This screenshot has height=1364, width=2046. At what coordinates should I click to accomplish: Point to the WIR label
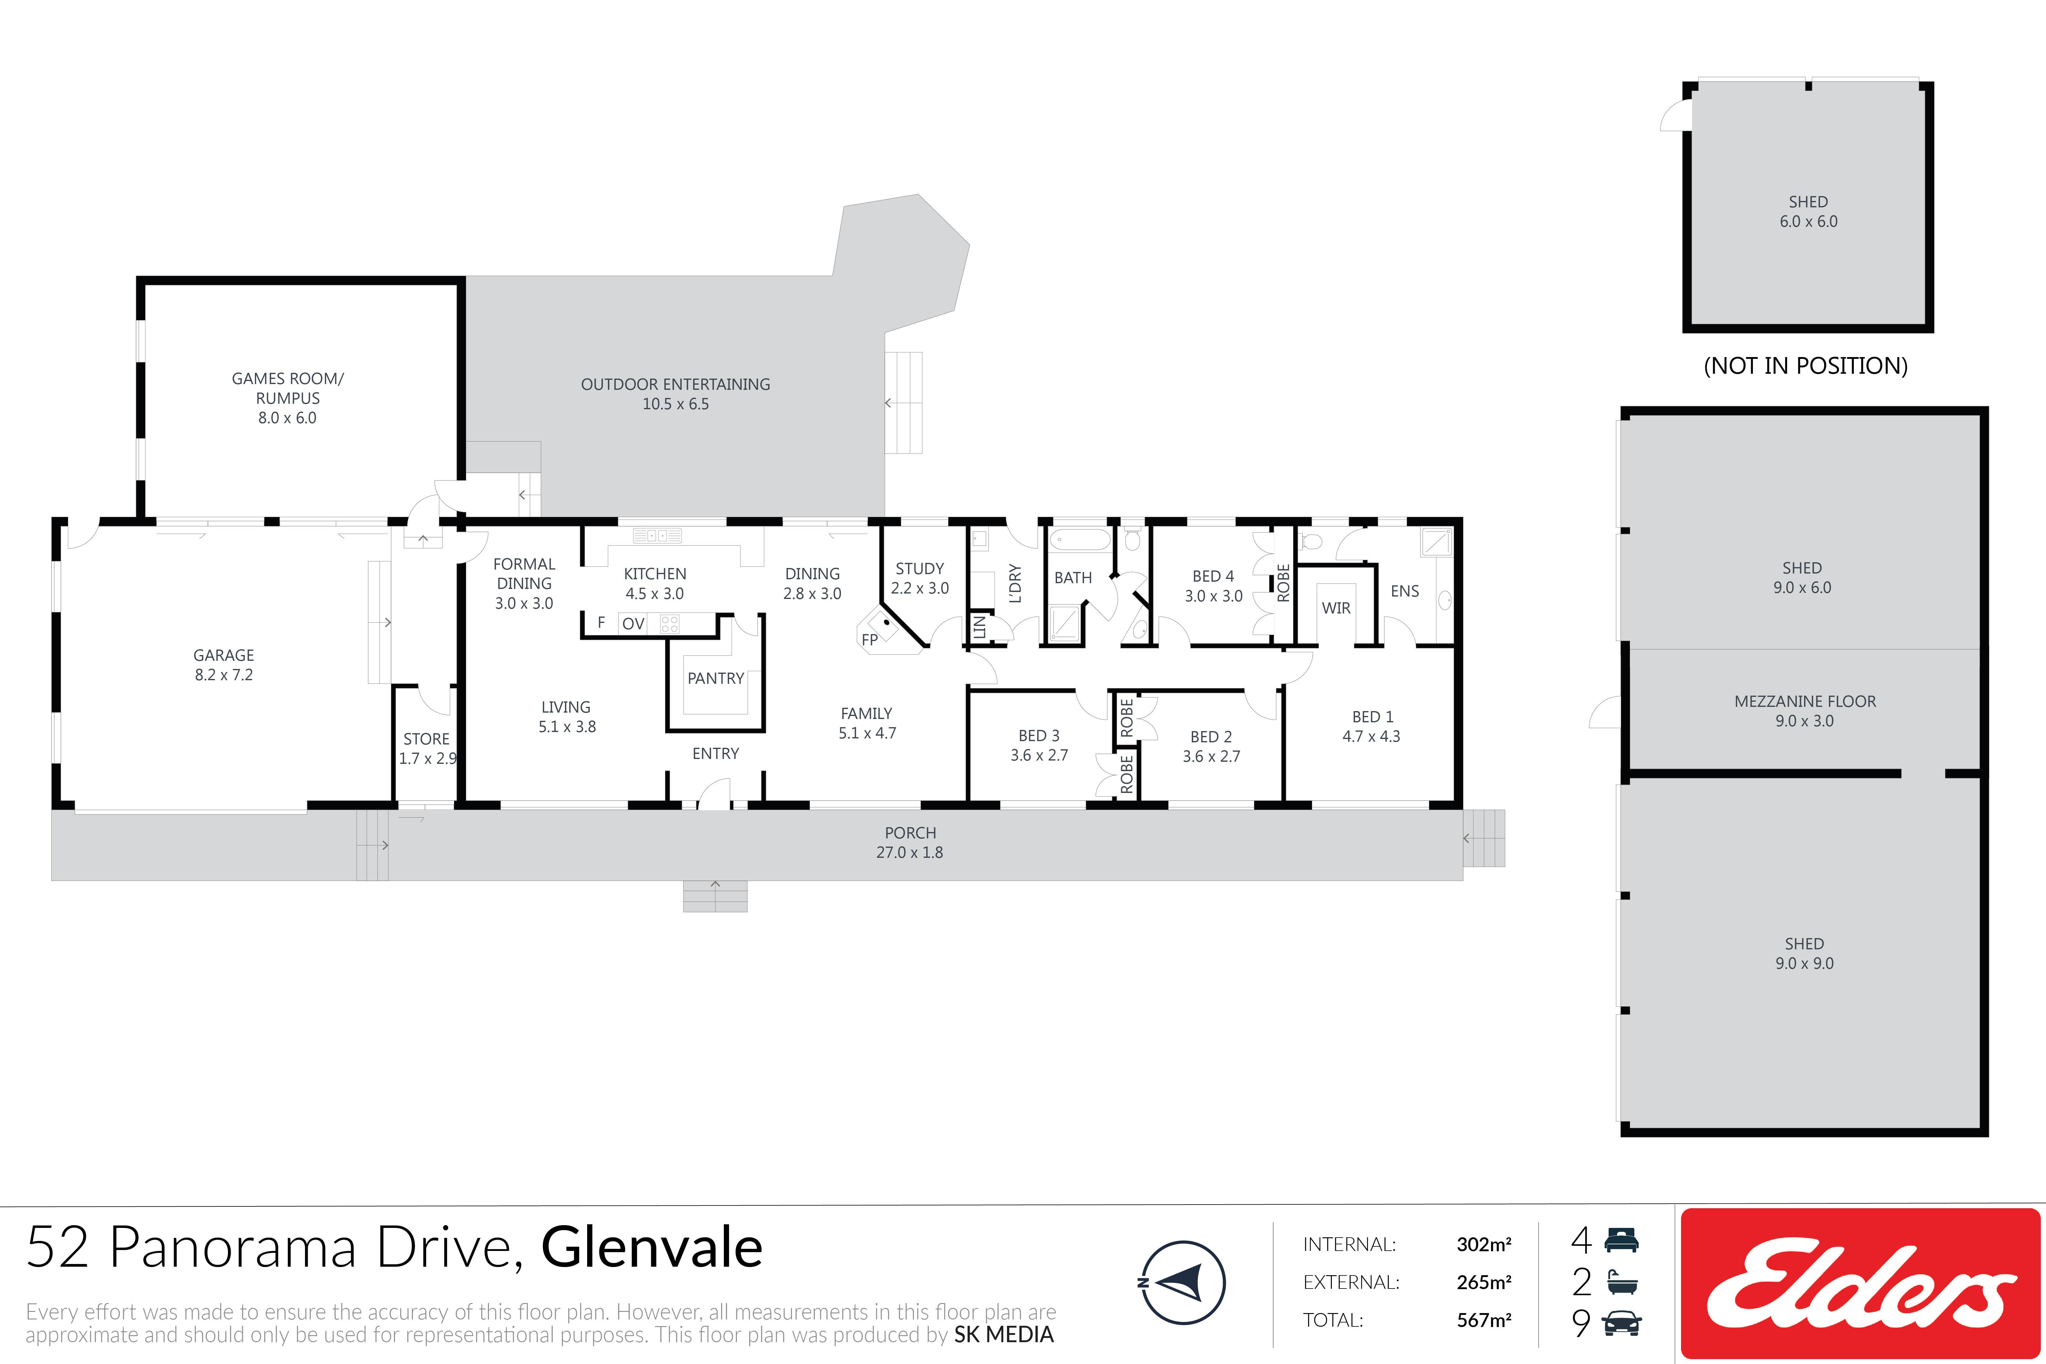tap(1336, 608)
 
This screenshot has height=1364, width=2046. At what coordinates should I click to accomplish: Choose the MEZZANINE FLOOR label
tap(1805, 701)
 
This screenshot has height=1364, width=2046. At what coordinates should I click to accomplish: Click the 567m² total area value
tap(1484, 1321)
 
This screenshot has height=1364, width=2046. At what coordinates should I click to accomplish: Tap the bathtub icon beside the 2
tap(1622, 1282)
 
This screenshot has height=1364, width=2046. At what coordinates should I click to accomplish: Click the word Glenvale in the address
tap(652, 1247)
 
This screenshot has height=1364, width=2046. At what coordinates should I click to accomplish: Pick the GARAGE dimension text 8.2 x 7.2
tap(224, 675)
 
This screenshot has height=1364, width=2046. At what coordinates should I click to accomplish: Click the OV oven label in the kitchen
tap(633, 624)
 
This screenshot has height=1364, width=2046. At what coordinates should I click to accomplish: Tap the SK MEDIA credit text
tap(1004, 1334)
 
